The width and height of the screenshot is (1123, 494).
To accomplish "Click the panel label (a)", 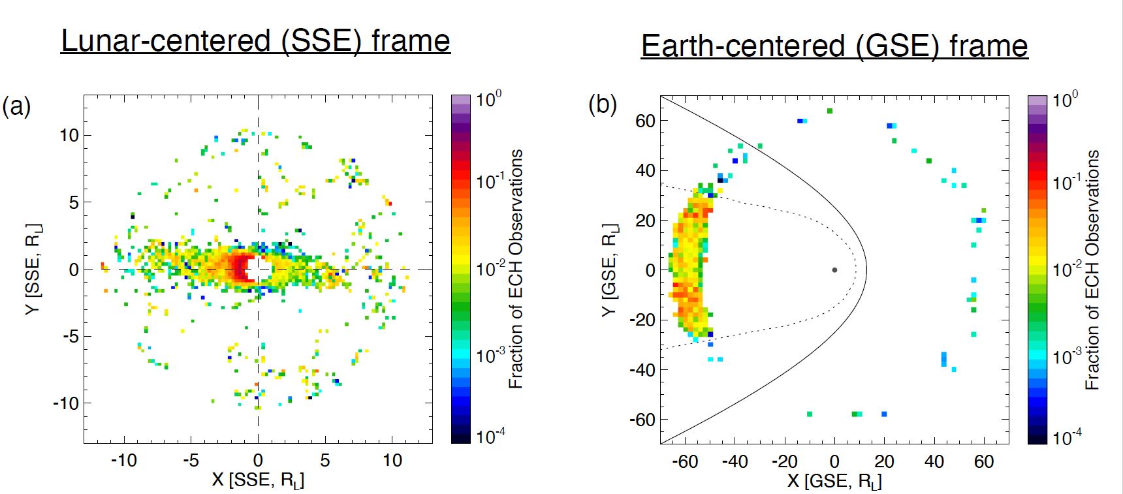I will [x=16, y=106].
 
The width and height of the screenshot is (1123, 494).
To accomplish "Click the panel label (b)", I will [x=602, y=104].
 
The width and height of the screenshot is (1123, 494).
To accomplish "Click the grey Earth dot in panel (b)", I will [x=834, y=270].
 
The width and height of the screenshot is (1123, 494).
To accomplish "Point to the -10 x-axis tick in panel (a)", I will [x=123, y=460].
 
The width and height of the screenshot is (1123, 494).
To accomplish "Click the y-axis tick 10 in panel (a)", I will [x=69, y=136].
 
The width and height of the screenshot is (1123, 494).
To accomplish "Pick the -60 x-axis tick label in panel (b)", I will [x=685, y=461].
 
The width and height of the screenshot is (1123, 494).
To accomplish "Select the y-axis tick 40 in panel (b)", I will [x=645, y=170].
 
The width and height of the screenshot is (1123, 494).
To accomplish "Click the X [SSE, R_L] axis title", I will [x=258, y=480].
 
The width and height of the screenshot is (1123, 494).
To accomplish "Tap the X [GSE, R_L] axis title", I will [x=834, y=482].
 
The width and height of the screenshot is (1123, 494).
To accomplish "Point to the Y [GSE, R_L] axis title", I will [x=609, y=270].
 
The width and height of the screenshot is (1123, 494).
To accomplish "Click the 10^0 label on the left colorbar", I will [x=488, y=100].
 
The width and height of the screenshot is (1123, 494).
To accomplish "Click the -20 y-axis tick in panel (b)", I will [x=642, y=320].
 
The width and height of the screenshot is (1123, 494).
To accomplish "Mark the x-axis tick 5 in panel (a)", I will [x=324, y=460].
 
